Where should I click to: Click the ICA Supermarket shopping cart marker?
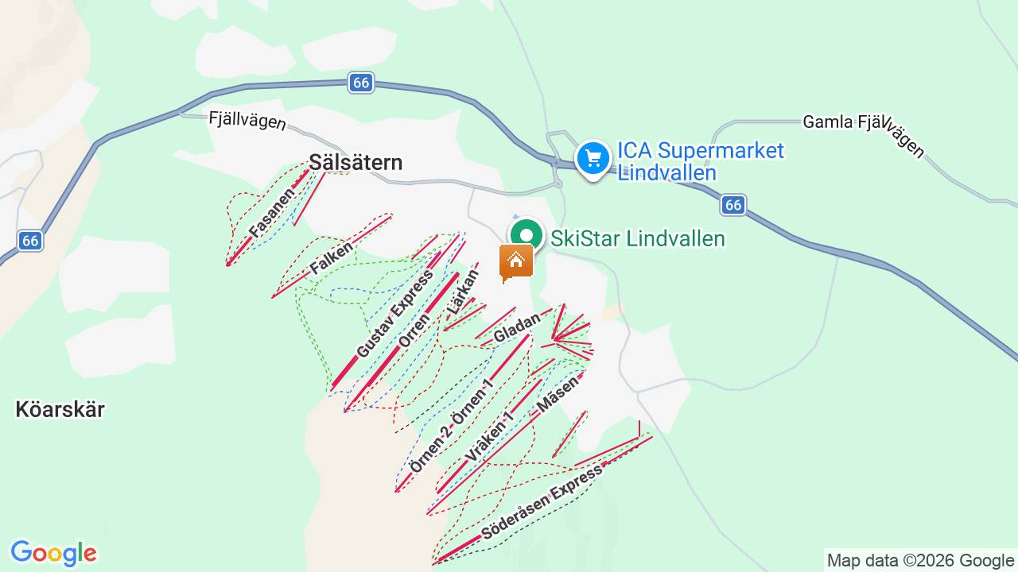[x=593, y=158]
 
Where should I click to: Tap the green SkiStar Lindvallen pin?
[x=525, y=235]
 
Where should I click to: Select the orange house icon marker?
[x=515, y=261]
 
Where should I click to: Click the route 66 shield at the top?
[x=361, y=83]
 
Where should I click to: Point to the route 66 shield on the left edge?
[x=30, y=240]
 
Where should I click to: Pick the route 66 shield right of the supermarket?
[x=733, y=205]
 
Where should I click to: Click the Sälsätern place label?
[x=356, y=162]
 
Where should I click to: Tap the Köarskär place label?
[x=60, y=410]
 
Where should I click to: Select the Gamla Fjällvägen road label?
[x=864, y=131]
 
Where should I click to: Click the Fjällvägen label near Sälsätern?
[x=247, y=122]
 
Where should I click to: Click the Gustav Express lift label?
[x=394, y=313]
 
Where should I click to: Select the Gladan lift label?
[x=517, y=327]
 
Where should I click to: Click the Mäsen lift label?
[x=558, y=392]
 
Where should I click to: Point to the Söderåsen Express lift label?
[x=542, y=500]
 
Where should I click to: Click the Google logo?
[x=53, y=553]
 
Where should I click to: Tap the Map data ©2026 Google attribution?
[x=920, y=560]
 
